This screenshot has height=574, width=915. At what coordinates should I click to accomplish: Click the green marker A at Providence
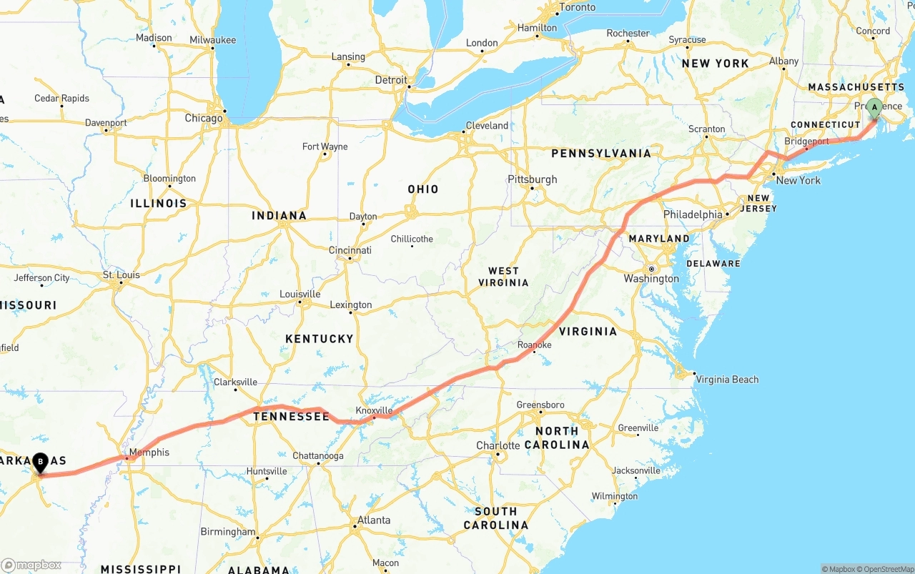pyautogui.click(x=874, y=108)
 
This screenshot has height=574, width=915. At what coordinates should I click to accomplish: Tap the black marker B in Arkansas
pyautogui.click(x=41, y=463)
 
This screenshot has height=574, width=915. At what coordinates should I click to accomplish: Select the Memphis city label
pyautogui.click(x=149, y=452)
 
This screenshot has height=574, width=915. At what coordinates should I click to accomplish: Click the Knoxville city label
pyautogui.click(x=374, y=410)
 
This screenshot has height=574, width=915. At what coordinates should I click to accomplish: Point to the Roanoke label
pyautogui.click(x=535, y=345)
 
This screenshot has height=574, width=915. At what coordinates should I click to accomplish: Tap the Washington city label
pyautogui.click(x=651, y=279)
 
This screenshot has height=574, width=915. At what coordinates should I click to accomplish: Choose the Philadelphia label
pyautogui.click(x=693, y=214)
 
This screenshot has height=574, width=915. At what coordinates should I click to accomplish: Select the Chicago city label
pyautogui.click(x=203, y=118)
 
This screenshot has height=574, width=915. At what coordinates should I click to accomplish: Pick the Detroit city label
pyautogui.click(x=391, y=80)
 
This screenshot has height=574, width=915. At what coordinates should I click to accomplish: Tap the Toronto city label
pyautogui.click(x=577, y=7)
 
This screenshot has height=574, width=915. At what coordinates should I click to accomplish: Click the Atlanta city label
pyautogui.click(x=375, y=520)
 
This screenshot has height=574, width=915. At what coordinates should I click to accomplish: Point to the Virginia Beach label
pyautogui.click(x=727, y=380)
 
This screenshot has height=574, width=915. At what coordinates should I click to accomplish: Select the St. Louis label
pyautogui.click(x=121, y=274)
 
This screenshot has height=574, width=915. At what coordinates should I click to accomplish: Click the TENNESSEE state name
pyautogui.click(x=291, y=416)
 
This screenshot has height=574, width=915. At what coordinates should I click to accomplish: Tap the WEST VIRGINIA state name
pyautogui.click(x=503, y=277)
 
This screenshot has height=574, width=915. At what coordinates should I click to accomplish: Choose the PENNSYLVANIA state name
pyautogui.click(x=601, y=153)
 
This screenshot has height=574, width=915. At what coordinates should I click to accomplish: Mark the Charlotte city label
pyautogui.click(x=498, y=445)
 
